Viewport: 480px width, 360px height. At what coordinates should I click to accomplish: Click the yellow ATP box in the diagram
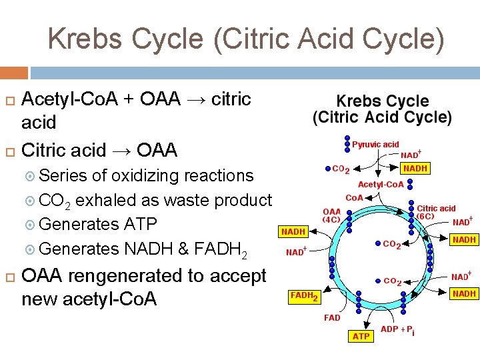[x=361, y=336]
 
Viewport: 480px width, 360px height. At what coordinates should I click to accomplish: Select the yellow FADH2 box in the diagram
[x=304, y=295]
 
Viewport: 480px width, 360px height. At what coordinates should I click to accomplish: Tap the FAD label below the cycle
[x=332, y=318]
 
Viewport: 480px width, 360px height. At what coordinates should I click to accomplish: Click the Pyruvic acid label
[x=375, y=144]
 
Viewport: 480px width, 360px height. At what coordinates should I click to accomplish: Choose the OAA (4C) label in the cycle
[x=332, y=215]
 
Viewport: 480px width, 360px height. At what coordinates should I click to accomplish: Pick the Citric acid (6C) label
[x=436, y=212]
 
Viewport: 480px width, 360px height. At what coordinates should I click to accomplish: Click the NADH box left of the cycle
[x=293, y=232]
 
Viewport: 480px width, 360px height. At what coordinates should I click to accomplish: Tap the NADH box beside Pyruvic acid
[x=415, y=169]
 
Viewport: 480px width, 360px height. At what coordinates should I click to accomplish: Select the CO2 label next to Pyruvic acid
[x=341, y=169]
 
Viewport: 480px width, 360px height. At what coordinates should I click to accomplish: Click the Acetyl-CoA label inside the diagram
[x=381, y=184]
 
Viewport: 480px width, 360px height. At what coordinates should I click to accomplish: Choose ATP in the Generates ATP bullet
[x=139, y=224]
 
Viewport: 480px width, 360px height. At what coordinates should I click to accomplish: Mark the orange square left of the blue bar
[x=13, y=73]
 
